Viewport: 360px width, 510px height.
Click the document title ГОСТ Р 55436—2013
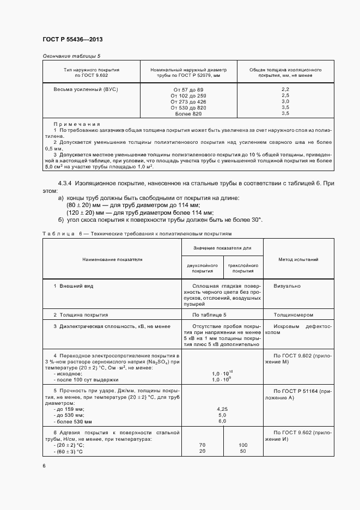(x=72, y=40)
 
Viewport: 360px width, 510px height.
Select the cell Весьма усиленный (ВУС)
(x=86, y=89)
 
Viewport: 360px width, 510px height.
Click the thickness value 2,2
(x=285, y=89)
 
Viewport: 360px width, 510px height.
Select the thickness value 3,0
(x=285, y=101)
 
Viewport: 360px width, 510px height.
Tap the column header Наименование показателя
(x=112, y=259)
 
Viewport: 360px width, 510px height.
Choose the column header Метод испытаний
(x=298, y=259)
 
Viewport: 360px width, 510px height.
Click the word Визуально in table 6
(x=287, y=285)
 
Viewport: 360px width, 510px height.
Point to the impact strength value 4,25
(x=222, y=408)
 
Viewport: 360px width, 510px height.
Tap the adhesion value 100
(x=243, y=445)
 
